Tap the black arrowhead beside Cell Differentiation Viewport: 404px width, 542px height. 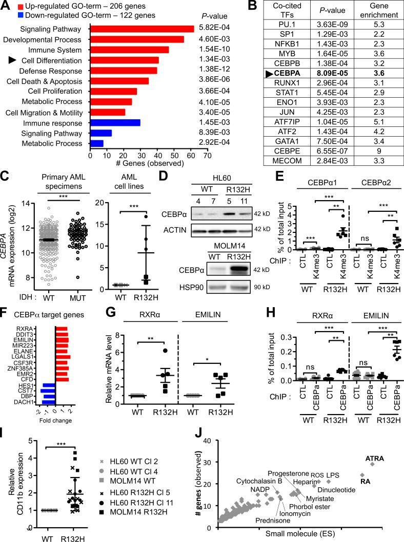click(13, 60)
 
